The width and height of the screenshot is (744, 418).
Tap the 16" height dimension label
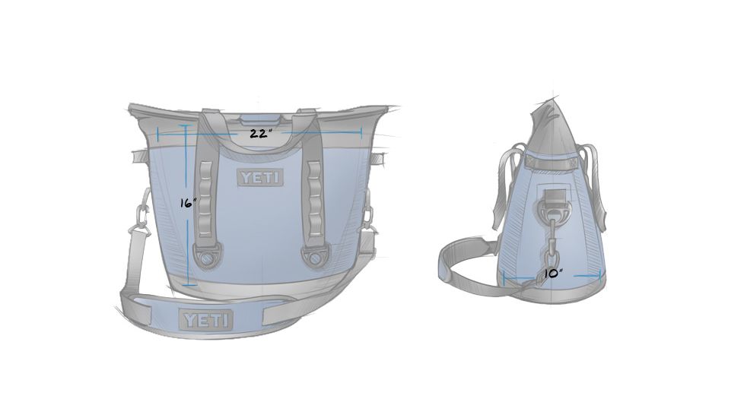188,203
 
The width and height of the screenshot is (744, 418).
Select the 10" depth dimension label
553,273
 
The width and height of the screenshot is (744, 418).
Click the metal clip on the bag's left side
140,220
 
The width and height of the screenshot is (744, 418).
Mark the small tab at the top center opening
259,118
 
